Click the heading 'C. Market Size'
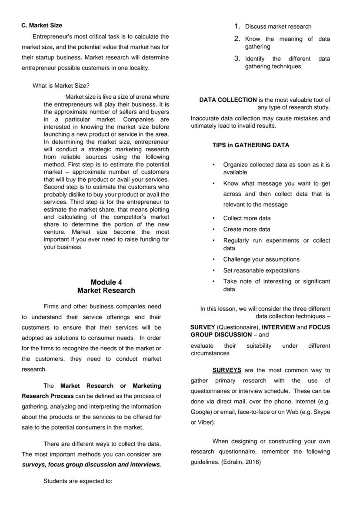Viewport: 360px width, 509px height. click(42, 26)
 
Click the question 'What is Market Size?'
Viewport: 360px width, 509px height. click(61, 86)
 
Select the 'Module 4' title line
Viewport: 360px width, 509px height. click(106, 282)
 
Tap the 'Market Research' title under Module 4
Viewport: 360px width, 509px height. click(106, 290)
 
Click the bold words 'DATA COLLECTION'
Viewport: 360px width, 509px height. click(228, 100)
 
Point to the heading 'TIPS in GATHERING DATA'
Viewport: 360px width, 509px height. click(250, 145)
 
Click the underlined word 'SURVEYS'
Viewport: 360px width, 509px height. click(227, 370)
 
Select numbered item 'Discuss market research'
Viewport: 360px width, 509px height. click(278, 27)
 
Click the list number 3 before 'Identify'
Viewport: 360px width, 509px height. click(237, 58)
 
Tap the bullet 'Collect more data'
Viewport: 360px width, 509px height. click(247, 218)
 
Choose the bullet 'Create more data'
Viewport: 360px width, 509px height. click(247, 229)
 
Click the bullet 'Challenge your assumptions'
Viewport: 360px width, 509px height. click(261, 259)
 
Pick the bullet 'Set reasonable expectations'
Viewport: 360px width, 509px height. click(261, 270)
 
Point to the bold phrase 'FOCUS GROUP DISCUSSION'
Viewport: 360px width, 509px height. click(221, 335)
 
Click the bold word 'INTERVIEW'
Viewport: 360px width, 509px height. click(278, 327)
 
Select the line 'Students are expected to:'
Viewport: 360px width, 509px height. click(78, 481)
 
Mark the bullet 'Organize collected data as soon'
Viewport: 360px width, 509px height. click(276, 165)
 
